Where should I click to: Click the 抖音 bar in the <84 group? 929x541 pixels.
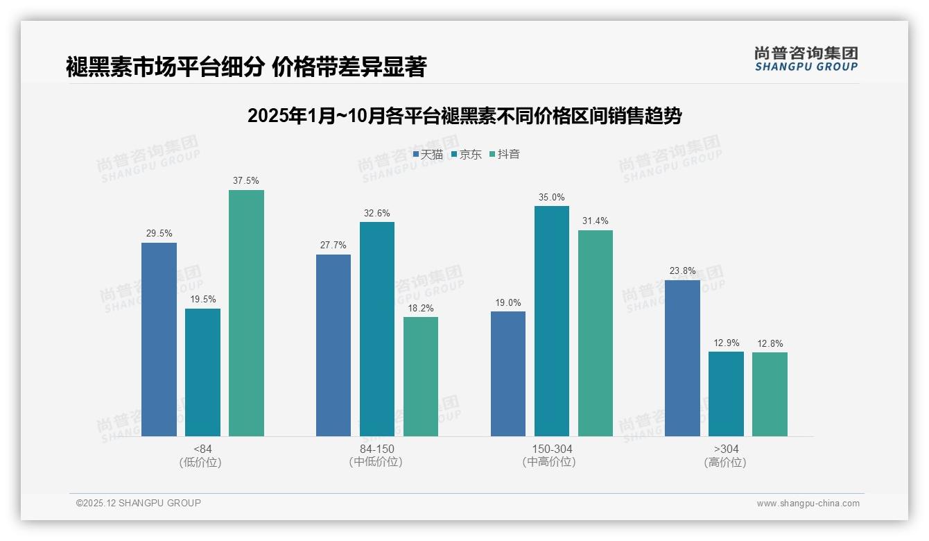click(x=246, y=313)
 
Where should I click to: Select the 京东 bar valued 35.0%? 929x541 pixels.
click(x=552, y=320)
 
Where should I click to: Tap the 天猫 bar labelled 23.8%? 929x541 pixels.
click(x=682, y=358)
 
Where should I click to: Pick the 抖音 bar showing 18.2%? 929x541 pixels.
click(x=421, y=376)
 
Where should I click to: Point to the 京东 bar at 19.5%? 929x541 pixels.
click(x=202, y=372)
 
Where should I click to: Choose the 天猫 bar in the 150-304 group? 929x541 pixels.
click(x=508, y=373)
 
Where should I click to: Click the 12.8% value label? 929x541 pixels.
click(x=770, y=343)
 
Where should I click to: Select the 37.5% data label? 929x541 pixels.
click(x=246, y=181)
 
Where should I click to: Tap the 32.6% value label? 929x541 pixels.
click(x=376, y=213)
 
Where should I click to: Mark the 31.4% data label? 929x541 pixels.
click(x=596, y=221)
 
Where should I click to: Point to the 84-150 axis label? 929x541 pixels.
click(x=376, y=449)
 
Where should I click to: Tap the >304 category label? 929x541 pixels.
click(x=726, y=449)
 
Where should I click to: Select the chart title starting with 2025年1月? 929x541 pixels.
click(x=464, y=116)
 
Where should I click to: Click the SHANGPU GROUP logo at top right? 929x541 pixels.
click(x=806, y=59)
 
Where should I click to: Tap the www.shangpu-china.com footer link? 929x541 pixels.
click(x=808, y=504)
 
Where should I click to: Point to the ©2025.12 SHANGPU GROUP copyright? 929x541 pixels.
click(x=139, y=503)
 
